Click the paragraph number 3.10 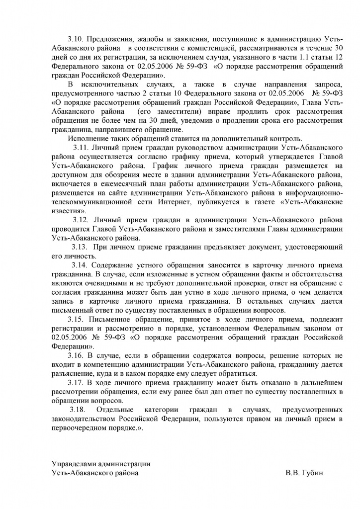(x=76, y=39)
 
